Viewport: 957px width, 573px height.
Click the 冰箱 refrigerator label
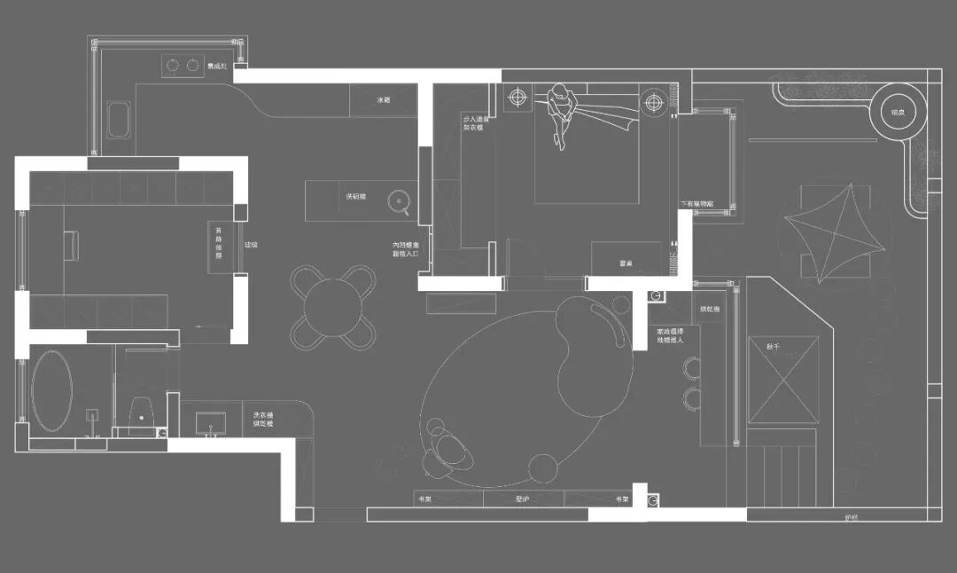pos(384,101)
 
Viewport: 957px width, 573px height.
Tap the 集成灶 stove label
pos(217,66)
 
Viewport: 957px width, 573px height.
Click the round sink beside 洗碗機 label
pos(403,202)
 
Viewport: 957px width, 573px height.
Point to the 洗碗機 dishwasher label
pos(356,196)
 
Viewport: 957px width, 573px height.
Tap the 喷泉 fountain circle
pos(899,112)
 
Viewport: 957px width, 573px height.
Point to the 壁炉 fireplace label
pos(522,499)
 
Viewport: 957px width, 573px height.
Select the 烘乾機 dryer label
pos(709,310)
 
